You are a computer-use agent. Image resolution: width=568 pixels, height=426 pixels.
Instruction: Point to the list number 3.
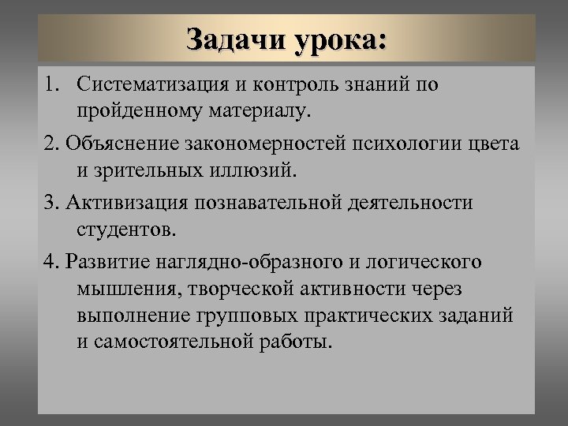(x=52, y=203)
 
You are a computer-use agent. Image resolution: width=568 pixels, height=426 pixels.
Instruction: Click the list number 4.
(x=52, y=262)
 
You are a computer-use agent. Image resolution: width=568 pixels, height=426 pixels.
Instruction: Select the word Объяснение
(x=127, y=144)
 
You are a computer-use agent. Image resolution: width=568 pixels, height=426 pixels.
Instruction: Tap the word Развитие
(x=109, y=262)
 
